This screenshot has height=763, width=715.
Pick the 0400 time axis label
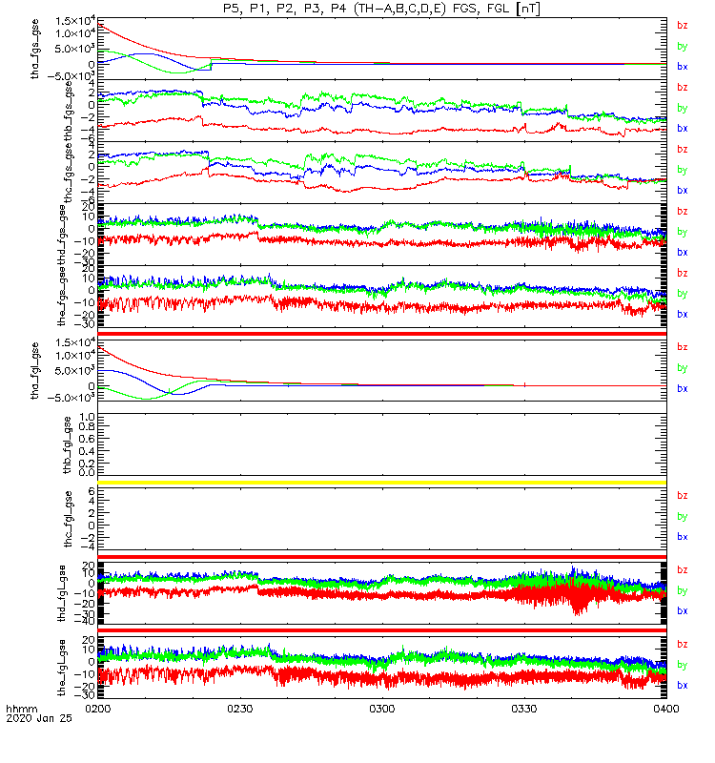664,711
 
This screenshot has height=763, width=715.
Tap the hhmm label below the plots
20,711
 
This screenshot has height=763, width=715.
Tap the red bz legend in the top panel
682,26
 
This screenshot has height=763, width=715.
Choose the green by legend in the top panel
682,46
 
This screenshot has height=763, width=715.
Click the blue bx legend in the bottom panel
682,685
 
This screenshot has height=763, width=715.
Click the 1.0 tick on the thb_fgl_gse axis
87,417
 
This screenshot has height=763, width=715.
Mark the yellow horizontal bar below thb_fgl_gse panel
381,483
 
